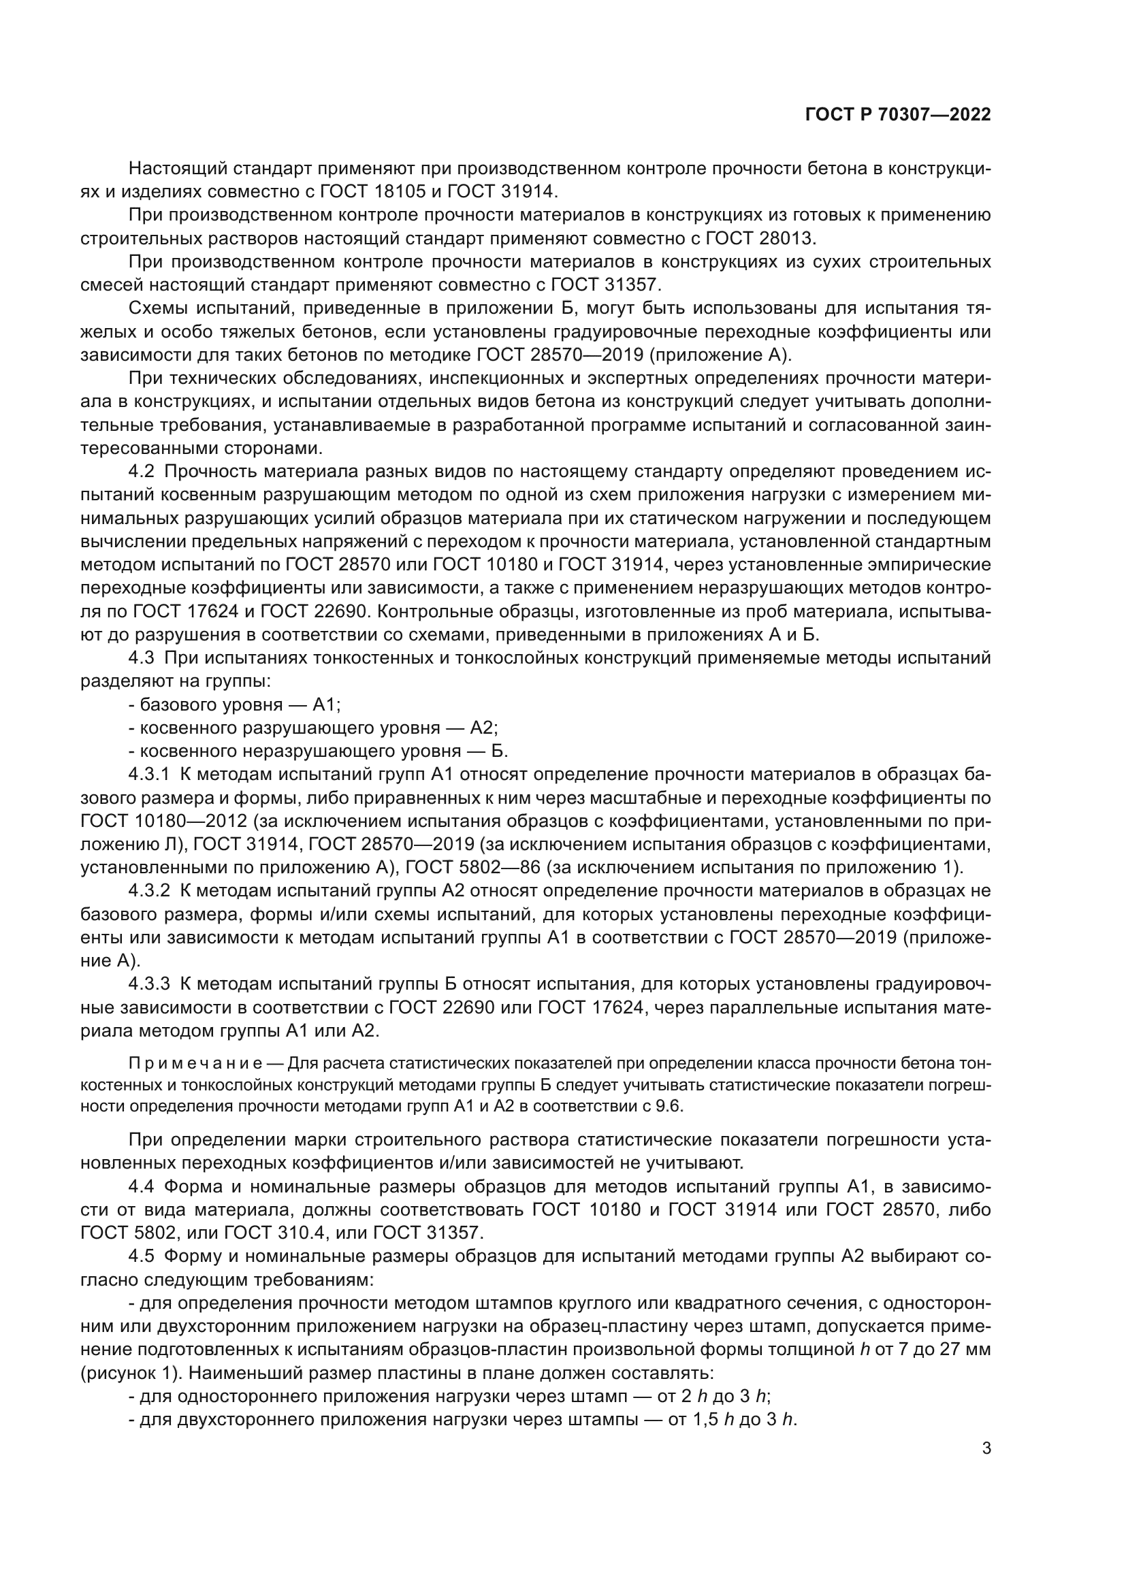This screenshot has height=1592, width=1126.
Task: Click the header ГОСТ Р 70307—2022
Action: pyautogui.click(x=898, y=115)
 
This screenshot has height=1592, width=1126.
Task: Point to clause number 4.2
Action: pyautogui.click(x=142, y=472)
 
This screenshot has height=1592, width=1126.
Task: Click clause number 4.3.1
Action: pyautogui.click(x=149, y=775)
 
